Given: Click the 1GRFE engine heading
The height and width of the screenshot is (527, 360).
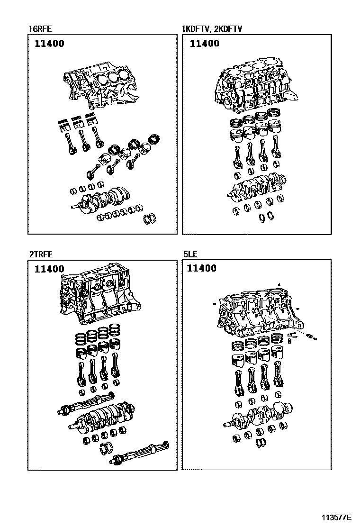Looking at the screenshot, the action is tap(39, 29).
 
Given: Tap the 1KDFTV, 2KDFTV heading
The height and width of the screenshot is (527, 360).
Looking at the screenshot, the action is tap(212, 29).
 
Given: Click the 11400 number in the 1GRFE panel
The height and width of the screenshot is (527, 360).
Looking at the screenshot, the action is tap(49, 44).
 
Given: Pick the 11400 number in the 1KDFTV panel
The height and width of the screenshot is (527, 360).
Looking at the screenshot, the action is tap(205, 44).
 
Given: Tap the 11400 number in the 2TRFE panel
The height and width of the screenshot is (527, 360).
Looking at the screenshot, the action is tap(49, 269).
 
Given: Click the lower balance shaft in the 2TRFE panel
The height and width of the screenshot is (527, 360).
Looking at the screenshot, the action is tap(140, 453).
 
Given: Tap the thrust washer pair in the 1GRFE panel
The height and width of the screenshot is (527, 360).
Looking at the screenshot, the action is tap(151, 218).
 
